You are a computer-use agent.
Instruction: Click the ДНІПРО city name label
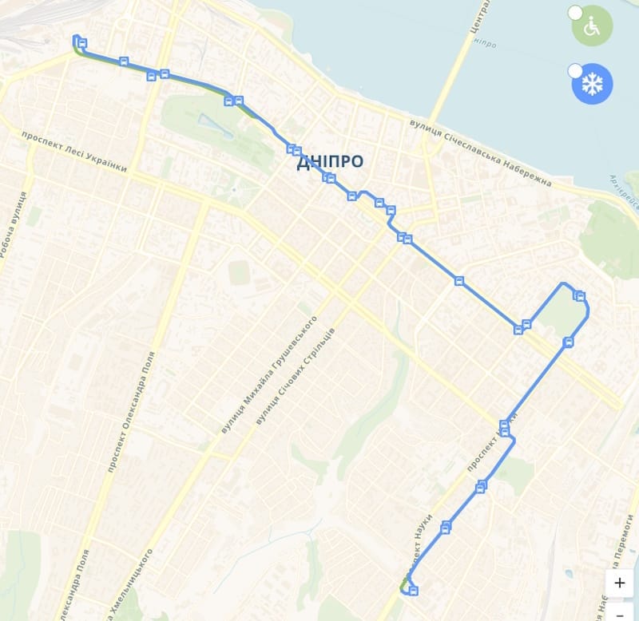[x=330, y=161]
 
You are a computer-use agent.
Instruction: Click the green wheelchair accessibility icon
[x=592, y=26]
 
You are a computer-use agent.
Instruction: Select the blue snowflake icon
[x=592, y=84]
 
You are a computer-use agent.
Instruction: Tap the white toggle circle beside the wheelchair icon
[x=575, y=12]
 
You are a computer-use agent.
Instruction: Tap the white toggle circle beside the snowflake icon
[x=575, y=71]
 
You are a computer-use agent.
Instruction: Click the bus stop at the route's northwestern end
[x=81, y=43]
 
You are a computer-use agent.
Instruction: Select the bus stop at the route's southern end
[x=413, y=591]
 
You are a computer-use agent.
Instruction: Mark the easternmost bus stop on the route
[x=580, y=297]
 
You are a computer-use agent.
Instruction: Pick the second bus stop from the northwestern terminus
[x=124, y=61]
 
